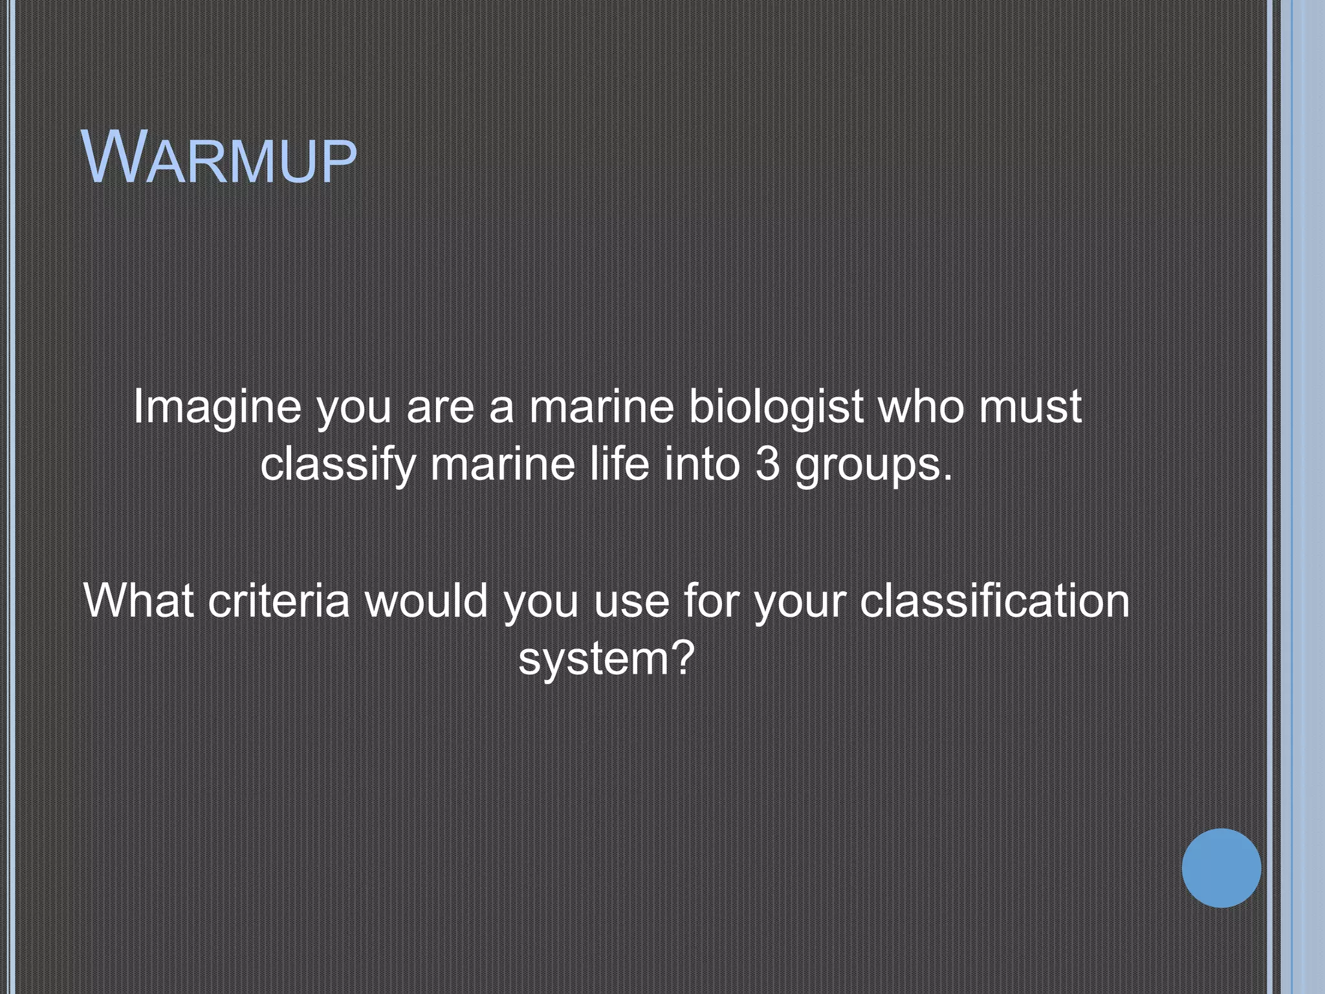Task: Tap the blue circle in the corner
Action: coord(1221,868)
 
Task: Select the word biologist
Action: coord(776,408)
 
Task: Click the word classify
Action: coord(338,465)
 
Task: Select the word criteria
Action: coord(279,601)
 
